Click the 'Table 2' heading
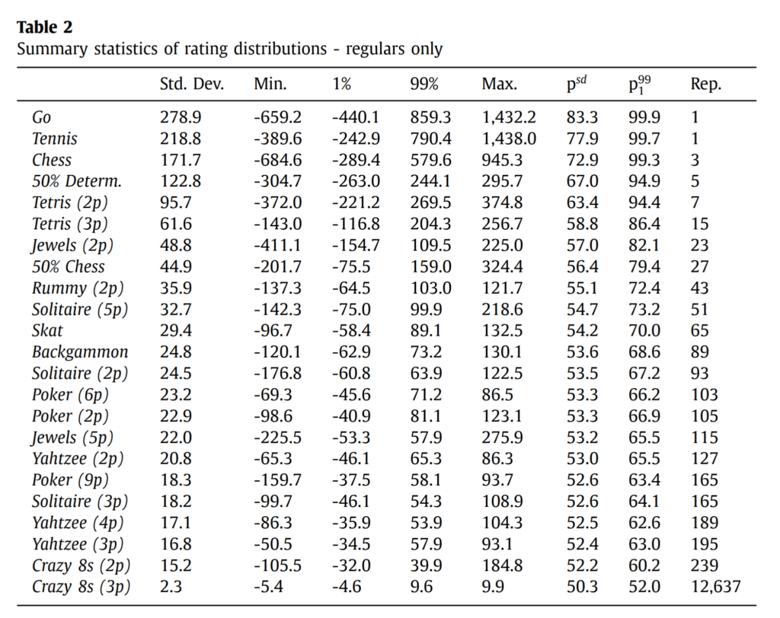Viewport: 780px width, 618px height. (44, 27)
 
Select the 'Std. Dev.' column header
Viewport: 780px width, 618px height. (191, 84)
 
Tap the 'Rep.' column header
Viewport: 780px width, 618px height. (705, 84)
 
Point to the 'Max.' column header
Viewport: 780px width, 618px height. (499, 84)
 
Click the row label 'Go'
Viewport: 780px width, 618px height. (42, 117)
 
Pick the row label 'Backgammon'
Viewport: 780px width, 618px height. (80, 352)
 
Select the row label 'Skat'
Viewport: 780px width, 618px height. (47, 330)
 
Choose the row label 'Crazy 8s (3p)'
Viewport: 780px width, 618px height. (82, 587)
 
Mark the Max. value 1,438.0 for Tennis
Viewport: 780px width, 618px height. (509, 139)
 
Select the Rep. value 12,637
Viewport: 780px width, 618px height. (715, 587)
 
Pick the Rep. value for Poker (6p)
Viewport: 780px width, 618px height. (704, 394)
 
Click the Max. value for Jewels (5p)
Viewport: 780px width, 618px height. (503, 438)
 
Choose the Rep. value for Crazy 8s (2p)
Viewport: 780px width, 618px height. (704, 565)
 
